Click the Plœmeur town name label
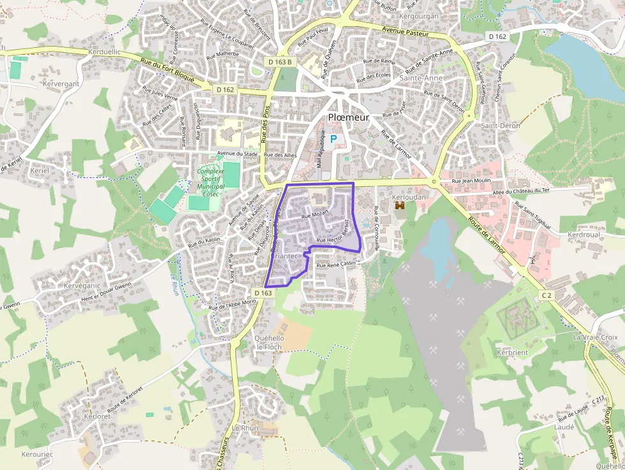coord(348,117)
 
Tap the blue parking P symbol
coord(333,138)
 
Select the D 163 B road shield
coord(280,61)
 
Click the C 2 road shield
coord(546,295)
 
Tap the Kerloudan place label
coord(409,197)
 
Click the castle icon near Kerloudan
coord(401,207)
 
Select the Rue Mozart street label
coord(315,215)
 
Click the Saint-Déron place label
coord(501,126)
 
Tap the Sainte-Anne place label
coord(421,78)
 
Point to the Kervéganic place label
coord(82,286)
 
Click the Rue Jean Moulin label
coord(471,181)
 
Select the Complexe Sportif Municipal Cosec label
coord(210,182)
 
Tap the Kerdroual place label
coord(584,235)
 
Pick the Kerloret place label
coord(97,416)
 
